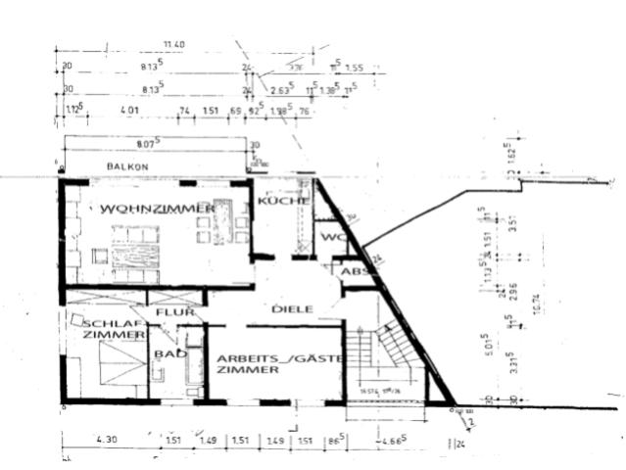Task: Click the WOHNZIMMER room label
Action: coord(156,210)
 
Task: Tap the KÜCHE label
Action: coord(284,201)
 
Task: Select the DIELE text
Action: coord(293,308)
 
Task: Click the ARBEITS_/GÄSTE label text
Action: coord(278,358)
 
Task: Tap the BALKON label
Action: coord(127,167)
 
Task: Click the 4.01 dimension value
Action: coord(128,111)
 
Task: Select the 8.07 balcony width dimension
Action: coord(149,145)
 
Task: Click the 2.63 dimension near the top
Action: coord(279,90)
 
